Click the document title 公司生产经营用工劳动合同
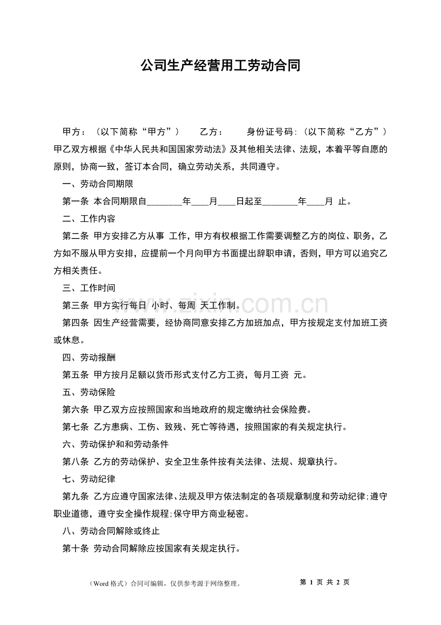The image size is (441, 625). pos(220,66)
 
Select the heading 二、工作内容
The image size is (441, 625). pos(89,219)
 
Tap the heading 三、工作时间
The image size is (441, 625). pos(89,288)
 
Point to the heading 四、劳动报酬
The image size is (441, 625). pos(89,358)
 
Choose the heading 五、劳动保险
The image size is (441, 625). pos(89,392)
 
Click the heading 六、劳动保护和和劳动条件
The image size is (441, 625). pos(116,444)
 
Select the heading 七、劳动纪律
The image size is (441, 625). pos(89,479)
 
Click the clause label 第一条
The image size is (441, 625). pos(76,202)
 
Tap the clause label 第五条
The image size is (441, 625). pos(76,375)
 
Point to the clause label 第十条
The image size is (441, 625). pos(76,548)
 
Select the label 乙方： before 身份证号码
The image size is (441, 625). pos(211,132)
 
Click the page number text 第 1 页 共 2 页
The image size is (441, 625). pos(324,582)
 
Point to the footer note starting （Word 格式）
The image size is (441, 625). pos(164,584)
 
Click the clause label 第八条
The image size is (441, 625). pos(76,462)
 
